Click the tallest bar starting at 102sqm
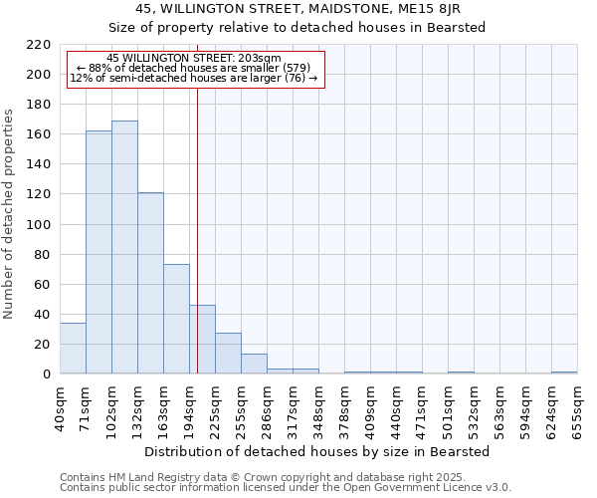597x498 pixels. click(x=124, y=247)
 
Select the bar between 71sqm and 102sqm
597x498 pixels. click(x=99, y=252)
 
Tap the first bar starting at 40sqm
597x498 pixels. click(x=73, y=349)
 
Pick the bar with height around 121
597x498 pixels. click(x=150, y=283)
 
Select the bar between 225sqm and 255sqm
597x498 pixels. click(x=228, y=354)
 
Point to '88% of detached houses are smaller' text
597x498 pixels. click(x=196, y=68)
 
